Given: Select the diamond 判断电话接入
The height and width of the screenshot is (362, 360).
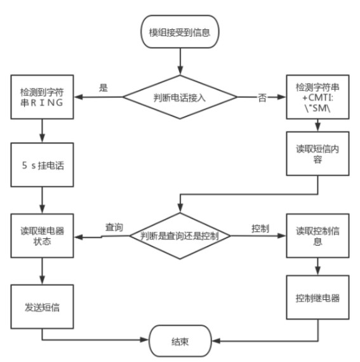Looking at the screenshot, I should pos(180,98).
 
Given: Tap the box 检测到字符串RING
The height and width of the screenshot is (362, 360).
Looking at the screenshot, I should pos(42,98).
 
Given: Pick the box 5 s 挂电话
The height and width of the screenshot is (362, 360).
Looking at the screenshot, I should pos(42,166).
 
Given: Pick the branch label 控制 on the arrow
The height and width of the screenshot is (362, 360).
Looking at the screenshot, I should pos(260,227).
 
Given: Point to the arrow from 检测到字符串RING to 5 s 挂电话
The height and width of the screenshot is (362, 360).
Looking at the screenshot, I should pos(42,131).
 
